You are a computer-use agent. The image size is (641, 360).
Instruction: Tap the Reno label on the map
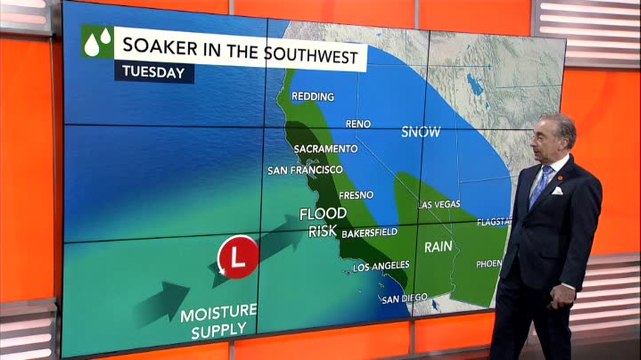(x=357, y=123)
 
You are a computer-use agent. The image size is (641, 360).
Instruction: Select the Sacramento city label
(x=326, y=149)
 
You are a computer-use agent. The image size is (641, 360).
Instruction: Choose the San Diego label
(x=402, y=296)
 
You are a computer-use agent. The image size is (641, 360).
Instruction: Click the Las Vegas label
(x=440, y=204)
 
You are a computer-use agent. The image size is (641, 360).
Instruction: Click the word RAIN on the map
(x=439, y=246)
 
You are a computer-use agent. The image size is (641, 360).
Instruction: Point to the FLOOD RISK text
(x=323, y=221)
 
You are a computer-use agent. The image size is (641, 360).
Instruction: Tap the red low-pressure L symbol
(x=237, y=257)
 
